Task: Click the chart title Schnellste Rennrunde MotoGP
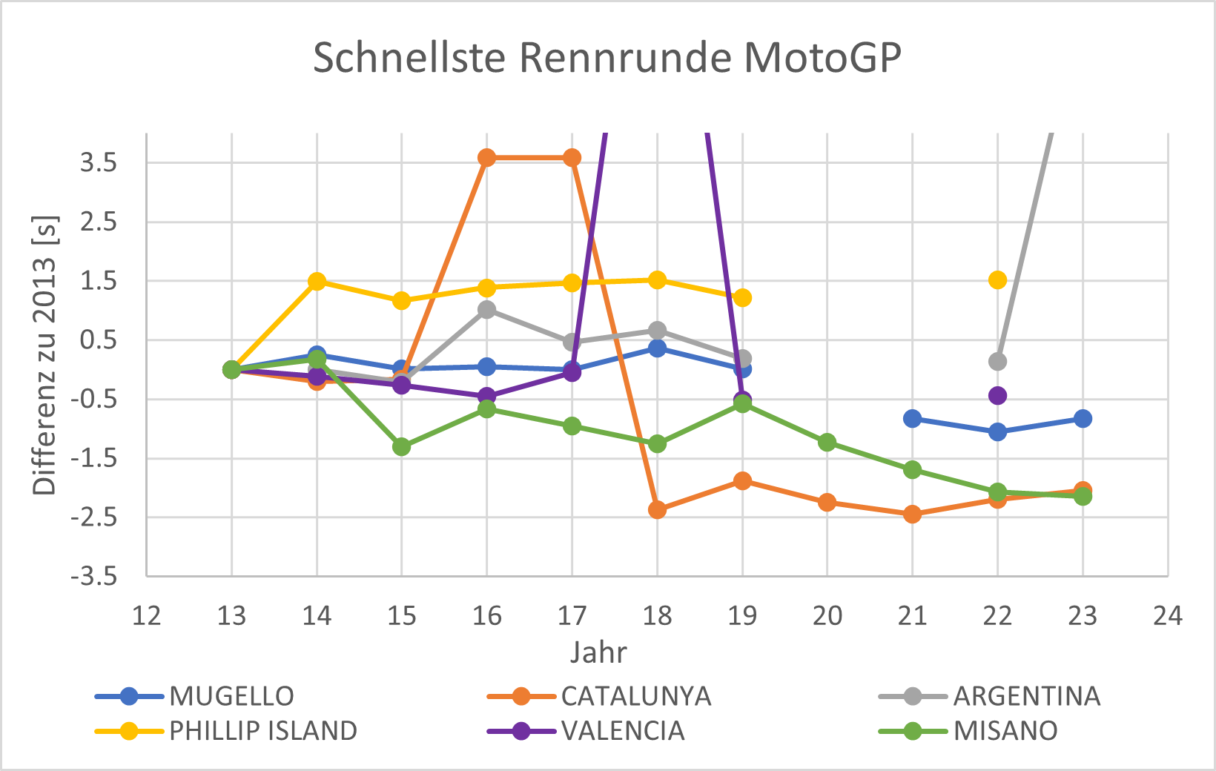click(607, 58)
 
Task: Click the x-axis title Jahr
click(598, 652)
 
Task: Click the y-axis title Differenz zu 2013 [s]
click(44, 355)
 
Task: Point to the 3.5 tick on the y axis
click(99, 162)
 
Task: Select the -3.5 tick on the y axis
click(94, 576)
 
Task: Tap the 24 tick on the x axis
click(1167, 615)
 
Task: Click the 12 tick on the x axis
click(147, 615)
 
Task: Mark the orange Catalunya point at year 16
click(487, 158)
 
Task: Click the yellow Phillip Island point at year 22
click(997, 279)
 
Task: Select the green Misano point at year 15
click(402, 447)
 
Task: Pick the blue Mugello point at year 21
click(913, 419)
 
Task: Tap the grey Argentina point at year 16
click(487, 310)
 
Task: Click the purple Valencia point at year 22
click(997, 396)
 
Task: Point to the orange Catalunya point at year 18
click(657, 510)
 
